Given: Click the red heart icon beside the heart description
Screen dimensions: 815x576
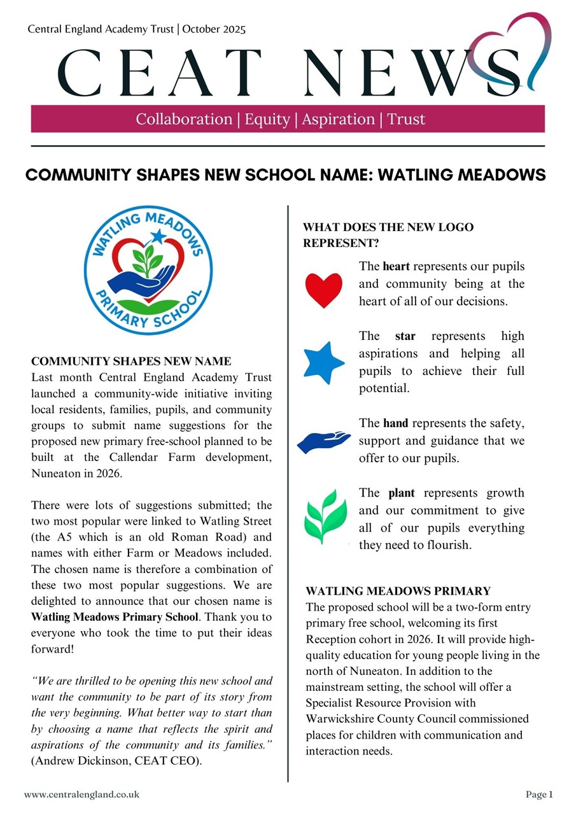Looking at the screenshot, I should coord(324,290).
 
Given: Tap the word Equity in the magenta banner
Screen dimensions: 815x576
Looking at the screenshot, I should coord(266,119).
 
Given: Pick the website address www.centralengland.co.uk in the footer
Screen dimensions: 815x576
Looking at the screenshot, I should coord(81,794).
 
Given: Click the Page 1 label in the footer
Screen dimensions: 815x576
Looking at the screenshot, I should coord(539,794).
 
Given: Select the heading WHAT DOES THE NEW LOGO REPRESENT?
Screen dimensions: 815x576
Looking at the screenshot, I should coord(388,235).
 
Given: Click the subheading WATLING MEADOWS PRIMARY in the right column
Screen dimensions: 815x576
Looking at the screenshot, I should coord(398,591).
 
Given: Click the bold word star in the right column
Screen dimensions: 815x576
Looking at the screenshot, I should coord(405,336).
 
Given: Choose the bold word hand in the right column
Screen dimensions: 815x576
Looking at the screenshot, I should coord(395,423).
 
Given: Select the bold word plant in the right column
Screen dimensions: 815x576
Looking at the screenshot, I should coord(402,493).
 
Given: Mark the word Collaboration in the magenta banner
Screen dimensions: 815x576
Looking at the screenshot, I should coord(184,119).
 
